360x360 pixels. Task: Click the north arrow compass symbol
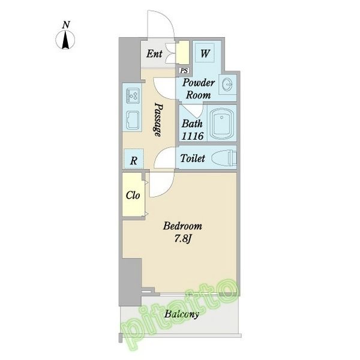[x=65, y=40]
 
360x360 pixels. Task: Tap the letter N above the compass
[x=66, y=25]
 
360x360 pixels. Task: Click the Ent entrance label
[x=154, y=54]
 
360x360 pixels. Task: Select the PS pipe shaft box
[x=184, y=70]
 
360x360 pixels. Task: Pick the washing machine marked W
[x=205, y=53]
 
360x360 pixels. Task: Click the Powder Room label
[x=199, y=89]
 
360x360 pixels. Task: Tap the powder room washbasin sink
[x=227, y=85]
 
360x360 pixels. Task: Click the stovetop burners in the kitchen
[x=133, y=95]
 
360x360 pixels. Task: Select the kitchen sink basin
[x=133, y=120]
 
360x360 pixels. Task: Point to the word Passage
[x=158, y=119]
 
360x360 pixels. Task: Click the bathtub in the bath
[x=221, y=123]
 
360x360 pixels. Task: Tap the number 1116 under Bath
[x=193, y=136]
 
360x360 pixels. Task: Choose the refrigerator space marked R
[x=134, y=158]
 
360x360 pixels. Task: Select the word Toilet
[x=193, y=158]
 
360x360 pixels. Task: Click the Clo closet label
[x=133, y=196]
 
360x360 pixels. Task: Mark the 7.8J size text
[x=182, y=239]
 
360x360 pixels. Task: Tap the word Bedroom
[x=182, y=226]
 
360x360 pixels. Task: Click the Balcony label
[x=181, y=314]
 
